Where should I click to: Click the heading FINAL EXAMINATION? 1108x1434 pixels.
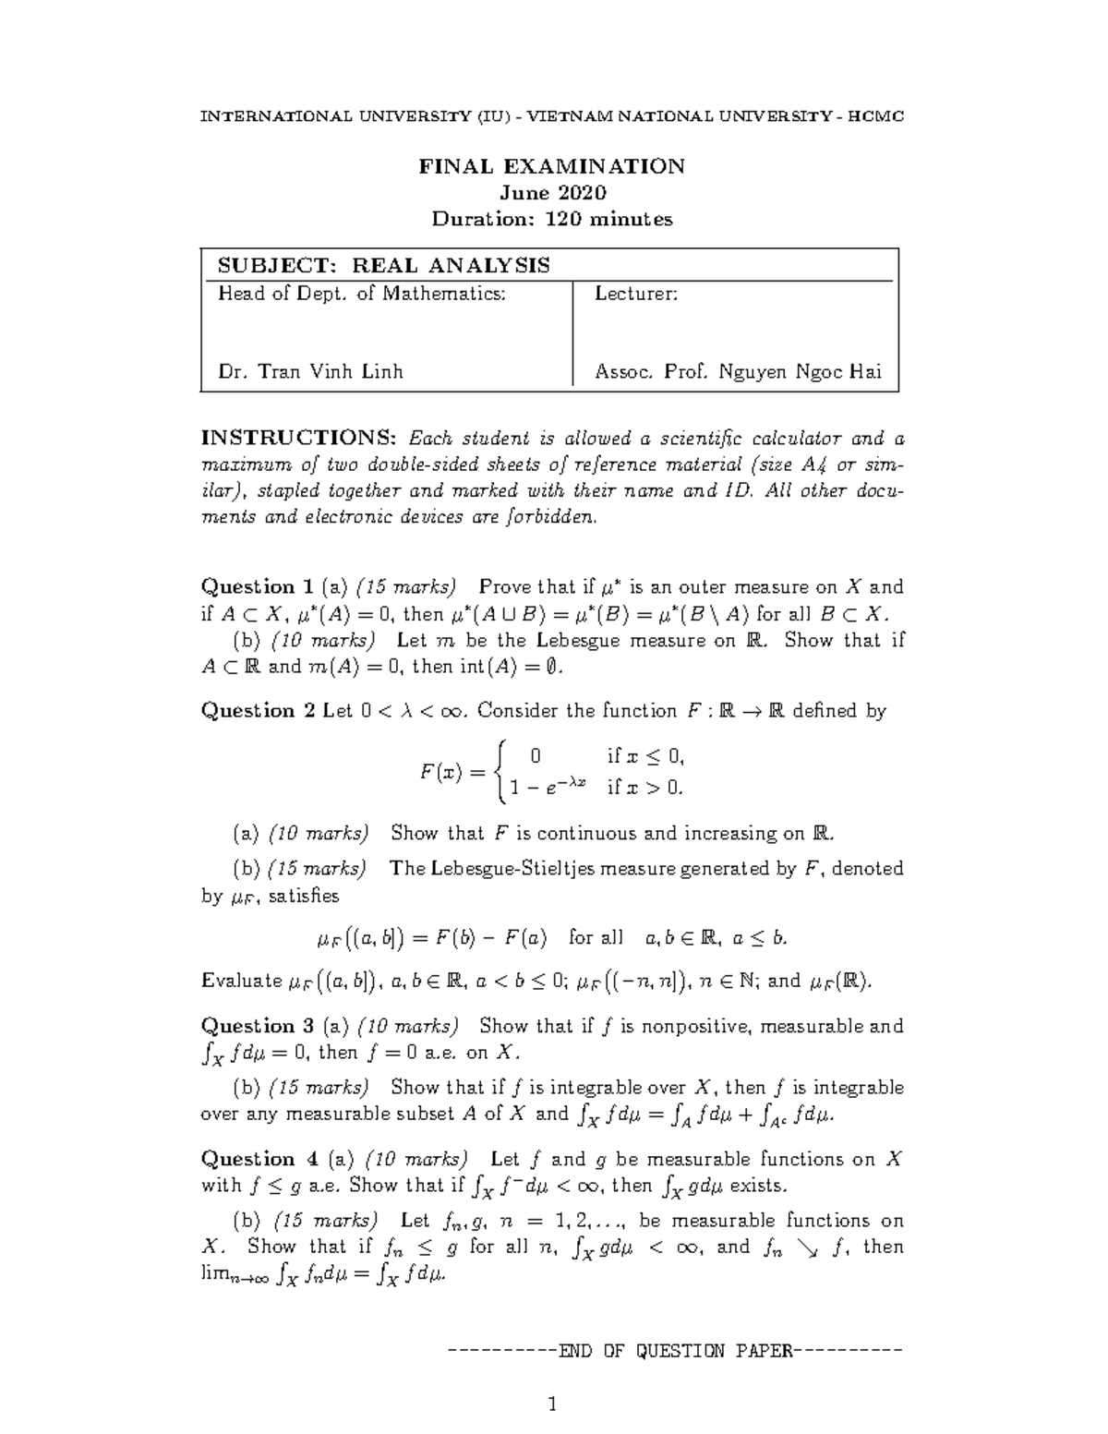point(552,166)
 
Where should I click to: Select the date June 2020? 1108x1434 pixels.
point(552,193)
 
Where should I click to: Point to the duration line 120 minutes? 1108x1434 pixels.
point(552,220)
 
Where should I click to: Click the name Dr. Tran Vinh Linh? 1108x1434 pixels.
point(310,372)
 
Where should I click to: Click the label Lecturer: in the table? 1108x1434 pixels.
point(636,295)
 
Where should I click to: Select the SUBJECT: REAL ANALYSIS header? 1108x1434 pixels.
point(383,266)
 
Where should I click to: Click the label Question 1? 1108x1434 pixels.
point(258,587)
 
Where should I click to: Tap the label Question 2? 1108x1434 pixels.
point(258,711)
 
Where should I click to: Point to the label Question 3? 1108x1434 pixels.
point(258,1027)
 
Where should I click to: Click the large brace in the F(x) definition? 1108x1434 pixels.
point(500,771)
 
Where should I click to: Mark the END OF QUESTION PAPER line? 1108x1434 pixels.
point(673,1352)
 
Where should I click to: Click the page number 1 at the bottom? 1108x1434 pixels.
point(552,1405)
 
